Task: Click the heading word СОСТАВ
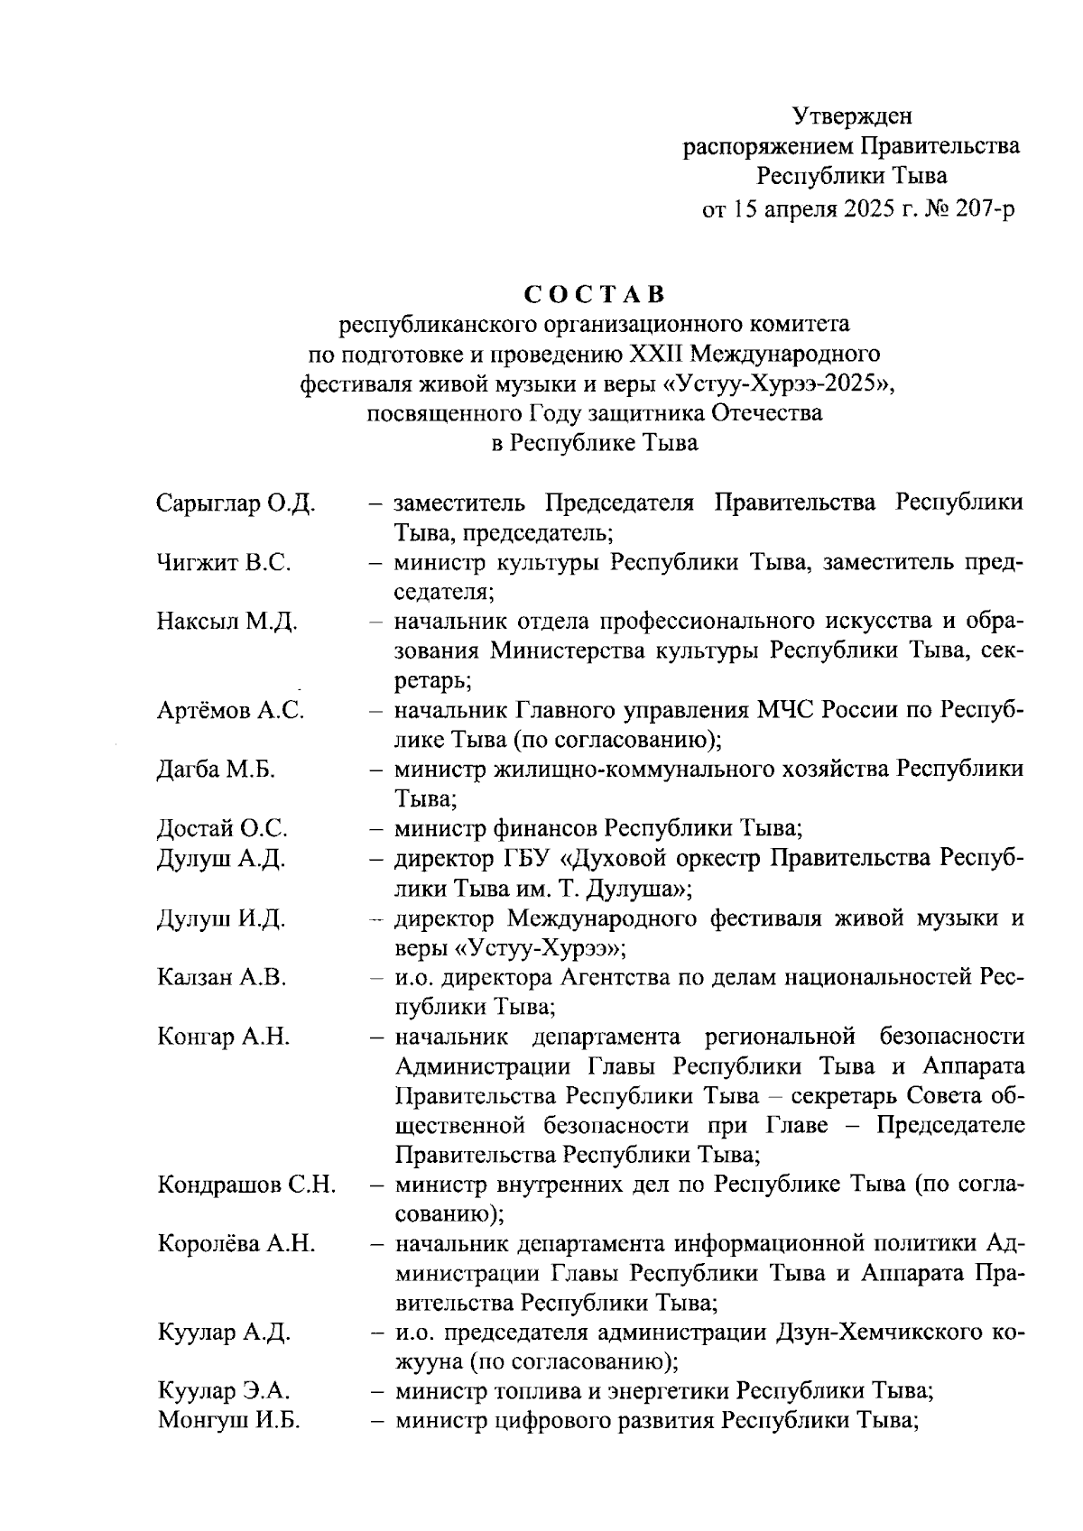[594, 295]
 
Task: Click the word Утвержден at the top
[852, 115]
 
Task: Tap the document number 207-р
[981, 210]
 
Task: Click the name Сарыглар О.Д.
[236, 503]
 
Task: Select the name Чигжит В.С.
[223, 563]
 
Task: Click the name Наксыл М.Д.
[227, 622]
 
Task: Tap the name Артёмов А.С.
[230, 711]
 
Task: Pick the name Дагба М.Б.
[217, 770]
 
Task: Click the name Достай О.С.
[222, 828]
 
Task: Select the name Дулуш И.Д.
[221, 918]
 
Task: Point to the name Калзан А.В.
[221, 977]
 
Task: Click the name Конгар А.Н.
[223, 1037]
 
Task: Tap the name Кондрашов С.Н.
[246, 1185]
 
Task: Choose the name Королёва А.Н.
[236, 1244]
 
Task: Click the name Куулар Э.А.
[224, 1391]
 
